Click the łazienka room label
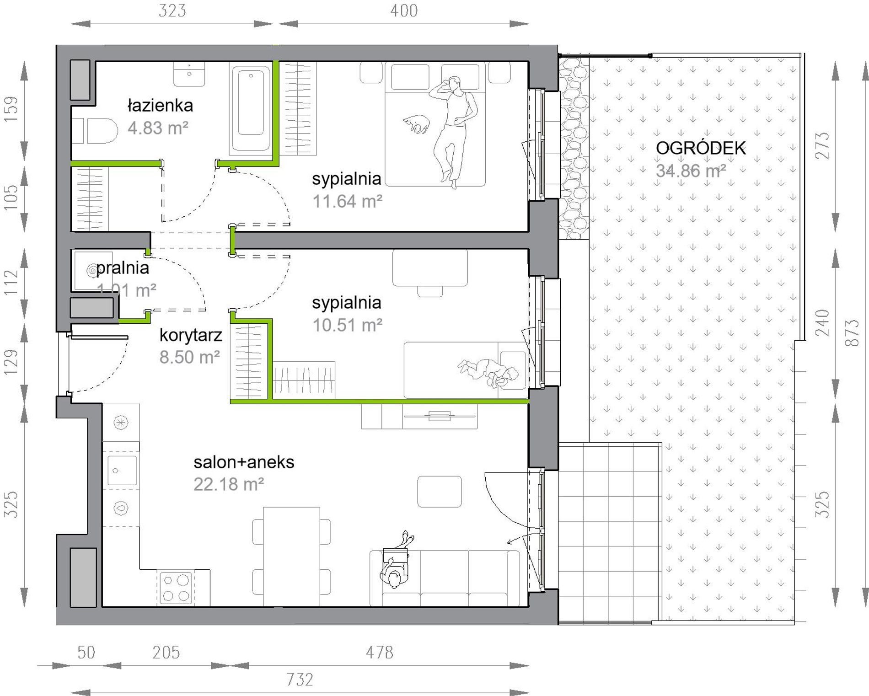(160, 106)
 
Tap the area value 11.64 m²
(348, 201)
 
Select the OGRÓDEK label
(701, 148)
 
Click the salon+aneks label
(244, 462)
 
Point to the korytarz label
(191, 336)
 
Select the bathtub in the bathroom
(251, 108)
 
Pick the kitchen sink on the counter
(122, 470)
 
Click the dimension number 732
(300, 680)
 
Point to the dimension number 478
(380, 653)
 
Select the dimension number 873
(853, 332)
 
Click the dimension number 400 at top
(404, 11)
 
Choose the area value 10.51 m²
(348, 325)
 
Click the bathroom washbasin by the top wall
(189, 74)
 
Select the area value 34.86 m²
(691, 171)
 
